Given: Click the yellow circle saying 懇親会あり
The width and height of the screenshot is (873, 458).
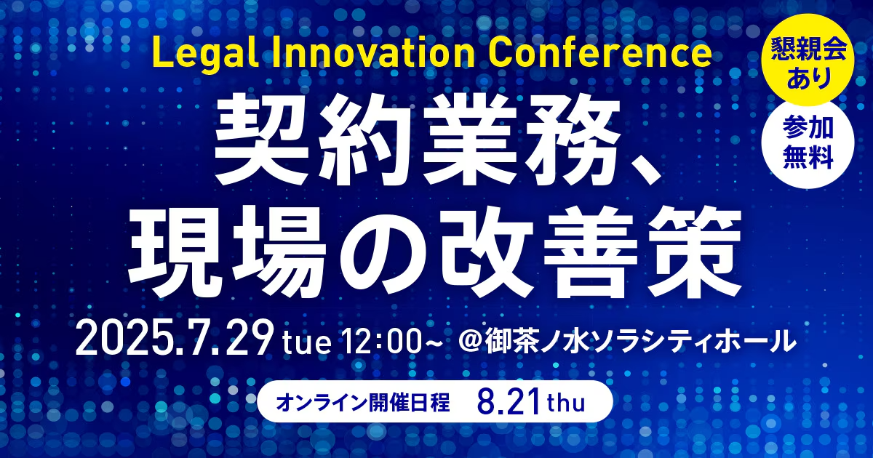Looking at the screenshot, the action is pos(808,60).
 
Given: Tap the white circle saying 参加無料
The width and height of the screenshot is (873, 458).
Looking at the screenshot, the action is pos(808,142).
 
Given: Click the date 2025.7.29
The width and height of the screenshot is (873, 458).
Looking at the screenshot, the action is pos(172,337).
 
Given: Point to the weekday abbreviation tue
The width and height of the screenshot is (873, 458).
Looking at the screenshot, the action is pos(307,342).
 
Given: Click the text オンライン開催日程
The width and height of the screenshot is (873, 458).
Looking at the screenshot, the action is pos(363,402).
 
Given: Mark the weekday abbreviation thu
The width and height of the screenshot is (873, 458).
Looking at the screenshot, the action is pos(566,403).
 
